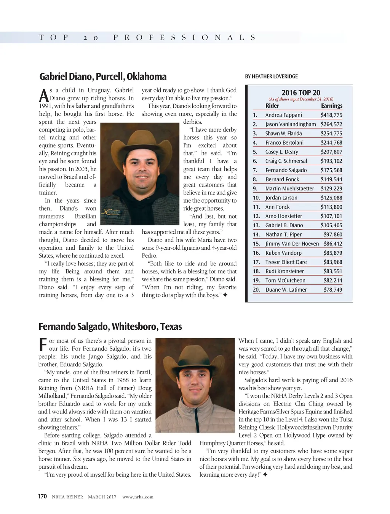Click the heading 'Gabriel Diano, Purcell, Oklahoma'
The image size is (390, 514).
[x=103, y=77]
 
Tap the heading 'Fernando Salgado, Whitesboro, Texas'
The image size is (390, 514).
[x=110, y=327]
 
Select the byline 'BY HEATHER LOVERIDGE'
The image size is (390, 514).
[x=271, y=77]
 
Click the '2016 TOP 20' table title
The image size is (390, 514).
[x=300, y=93]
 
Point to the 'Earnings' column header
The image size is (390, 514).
[x=331, y=106]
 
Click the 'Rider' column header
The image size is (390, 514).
[x=272, y=106]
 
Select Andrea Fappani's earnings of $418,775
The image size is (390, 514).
[x=331, y=115]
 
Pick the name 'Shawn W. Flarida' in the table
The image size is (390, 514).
[x=283, y=133]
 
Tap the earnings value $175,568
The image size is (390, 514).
[x=331, y=170]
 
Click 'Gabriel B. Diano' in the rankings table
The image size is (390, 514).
[x=284, y=225]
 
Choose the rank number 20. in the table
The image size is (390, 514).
[x=256, y=290]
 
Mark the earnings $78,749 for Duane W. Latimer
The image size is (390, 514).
[x=332, y=290]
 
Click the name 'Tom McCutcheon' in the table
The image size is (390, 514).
[x=285, y=281]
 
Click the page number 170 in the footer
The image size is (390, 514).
[x=42, y=496]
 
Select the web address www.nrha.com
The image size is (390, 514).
[x=138, y=497]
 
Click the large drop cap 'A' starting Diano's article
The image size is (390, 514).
[x=44, y=95]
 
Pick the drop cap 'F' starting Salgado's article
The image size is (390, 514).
[x=43, y=345]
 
